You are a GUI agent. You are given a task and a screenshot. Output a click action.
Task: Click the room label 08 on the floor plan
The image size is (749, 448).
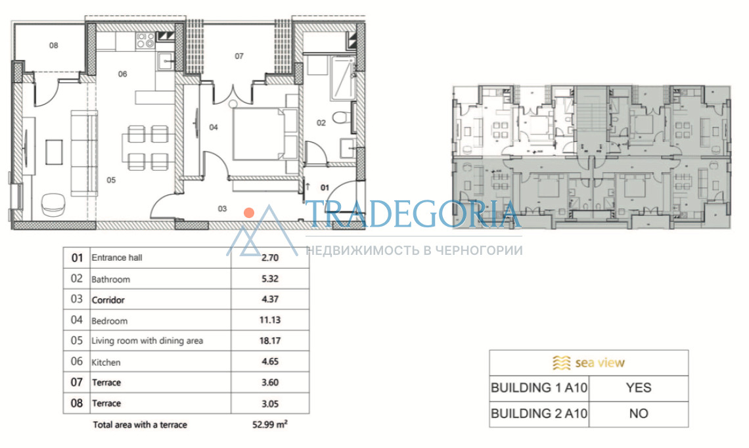pyautogui.click(x=53, y=45)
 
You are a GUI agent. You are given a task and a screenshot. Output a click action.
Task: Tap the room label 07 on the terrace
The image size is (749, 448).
pyautogui.click(x=239, y=56)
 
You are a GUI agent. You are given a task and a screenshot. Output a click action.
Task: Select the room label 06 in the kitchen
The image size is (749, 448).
pyautogui.click(x=123, y=74)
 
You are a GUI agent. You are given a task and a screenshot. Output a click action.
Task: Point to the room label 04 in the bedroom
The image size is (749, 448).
pyautogui.click(x=214, y=127)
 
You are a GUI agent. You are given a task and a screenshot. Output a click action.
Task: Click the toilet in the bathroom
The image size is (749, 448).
pyautogui.click(x=342, y=117)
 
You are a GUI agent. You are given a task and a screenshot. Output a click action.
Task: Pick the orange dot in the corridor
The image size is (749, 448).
pyautogui.click(x=249, y=213)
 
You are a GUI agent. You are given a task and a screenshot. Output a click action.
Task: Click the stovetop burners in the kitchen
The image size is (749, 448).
pyautogui.click(x=145, y=40)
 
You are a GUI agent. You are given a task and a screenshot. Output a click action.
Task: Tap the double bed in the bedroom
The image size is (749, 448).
pyautogui.click(x=265, y=134)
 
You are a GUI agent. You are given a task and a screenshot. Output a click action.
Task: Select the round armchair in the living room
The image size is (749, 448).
pyautogui.click(x=53, y=205)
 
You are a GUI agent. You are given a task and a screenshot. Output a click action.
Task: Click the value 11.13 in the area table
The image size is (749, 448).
pyautogui.click(x=270, y=320)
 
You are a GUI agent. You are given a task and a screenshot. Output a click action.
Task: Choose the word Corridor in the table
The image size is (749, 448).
pyautogui.click(x=108, y=300)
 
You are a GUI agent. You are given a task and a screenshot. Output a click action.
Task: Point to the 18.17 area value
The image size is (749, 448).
pyautogui.click(x=270, y=340)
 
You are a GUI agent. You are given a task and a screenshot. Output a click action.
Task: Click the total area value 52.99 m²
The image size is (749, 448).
pyautogui.click(x=270, y=424)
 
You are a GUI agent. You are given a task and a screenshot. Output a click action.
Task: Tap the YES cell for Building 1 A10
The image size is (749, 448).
pyautogui.click(x=639, y=388)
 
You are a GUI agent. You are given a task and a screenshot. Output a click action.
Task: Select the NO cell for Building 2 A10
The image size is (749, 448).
pyautogui.click(x=639, y=414)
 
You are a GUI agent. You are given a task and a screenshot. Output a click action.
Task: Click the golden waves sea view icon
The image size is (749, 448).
pyautogui.click(x=561, y=363)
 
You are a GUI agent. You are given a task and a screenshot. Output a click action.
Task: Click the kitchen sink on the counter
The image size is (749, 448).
pyautogui.click(x=166, y=62)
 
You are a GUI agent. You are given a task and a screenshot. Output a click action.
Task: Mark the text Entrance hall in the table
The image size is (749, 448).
pyautogui.click(x=117, y=258)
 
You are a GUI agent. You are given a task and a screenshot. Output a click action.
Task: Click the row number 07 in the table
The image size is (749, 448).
pyautogui.click(x=77, y=382)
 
